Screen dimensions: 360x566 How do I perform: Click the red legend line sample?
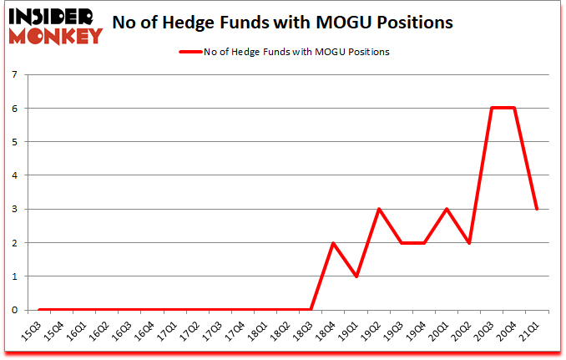[x=190, y=52]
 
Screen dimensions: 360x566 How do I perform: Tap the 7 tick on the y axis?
[x=15, y=75]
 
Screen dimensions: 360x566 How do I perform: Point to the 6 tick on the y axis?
[x=15, y=109]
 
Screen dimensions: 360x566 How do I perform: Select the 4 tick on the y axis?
[x=15, y=175]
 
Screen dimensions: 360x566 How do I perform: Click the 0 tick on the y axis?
[x=15, y=310]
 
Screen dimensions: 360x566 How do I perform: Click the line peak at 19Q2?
[x=380, y=209]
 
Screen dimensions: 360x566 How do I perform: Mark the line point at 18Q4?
[x=335, y=242]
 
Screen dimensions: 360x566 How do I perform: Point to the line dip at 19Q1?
[x=357, y=276]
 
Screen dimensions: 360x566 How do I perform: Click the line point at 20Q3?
[x=493, y=109]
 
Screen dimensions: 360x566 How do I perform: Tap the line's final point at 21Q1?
[x=537, y=209]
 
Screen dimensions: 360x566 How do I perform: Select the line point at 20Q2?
[x=470, y=242]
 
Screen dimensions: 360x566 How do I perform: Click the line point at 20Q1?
[x=447, y=209]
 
